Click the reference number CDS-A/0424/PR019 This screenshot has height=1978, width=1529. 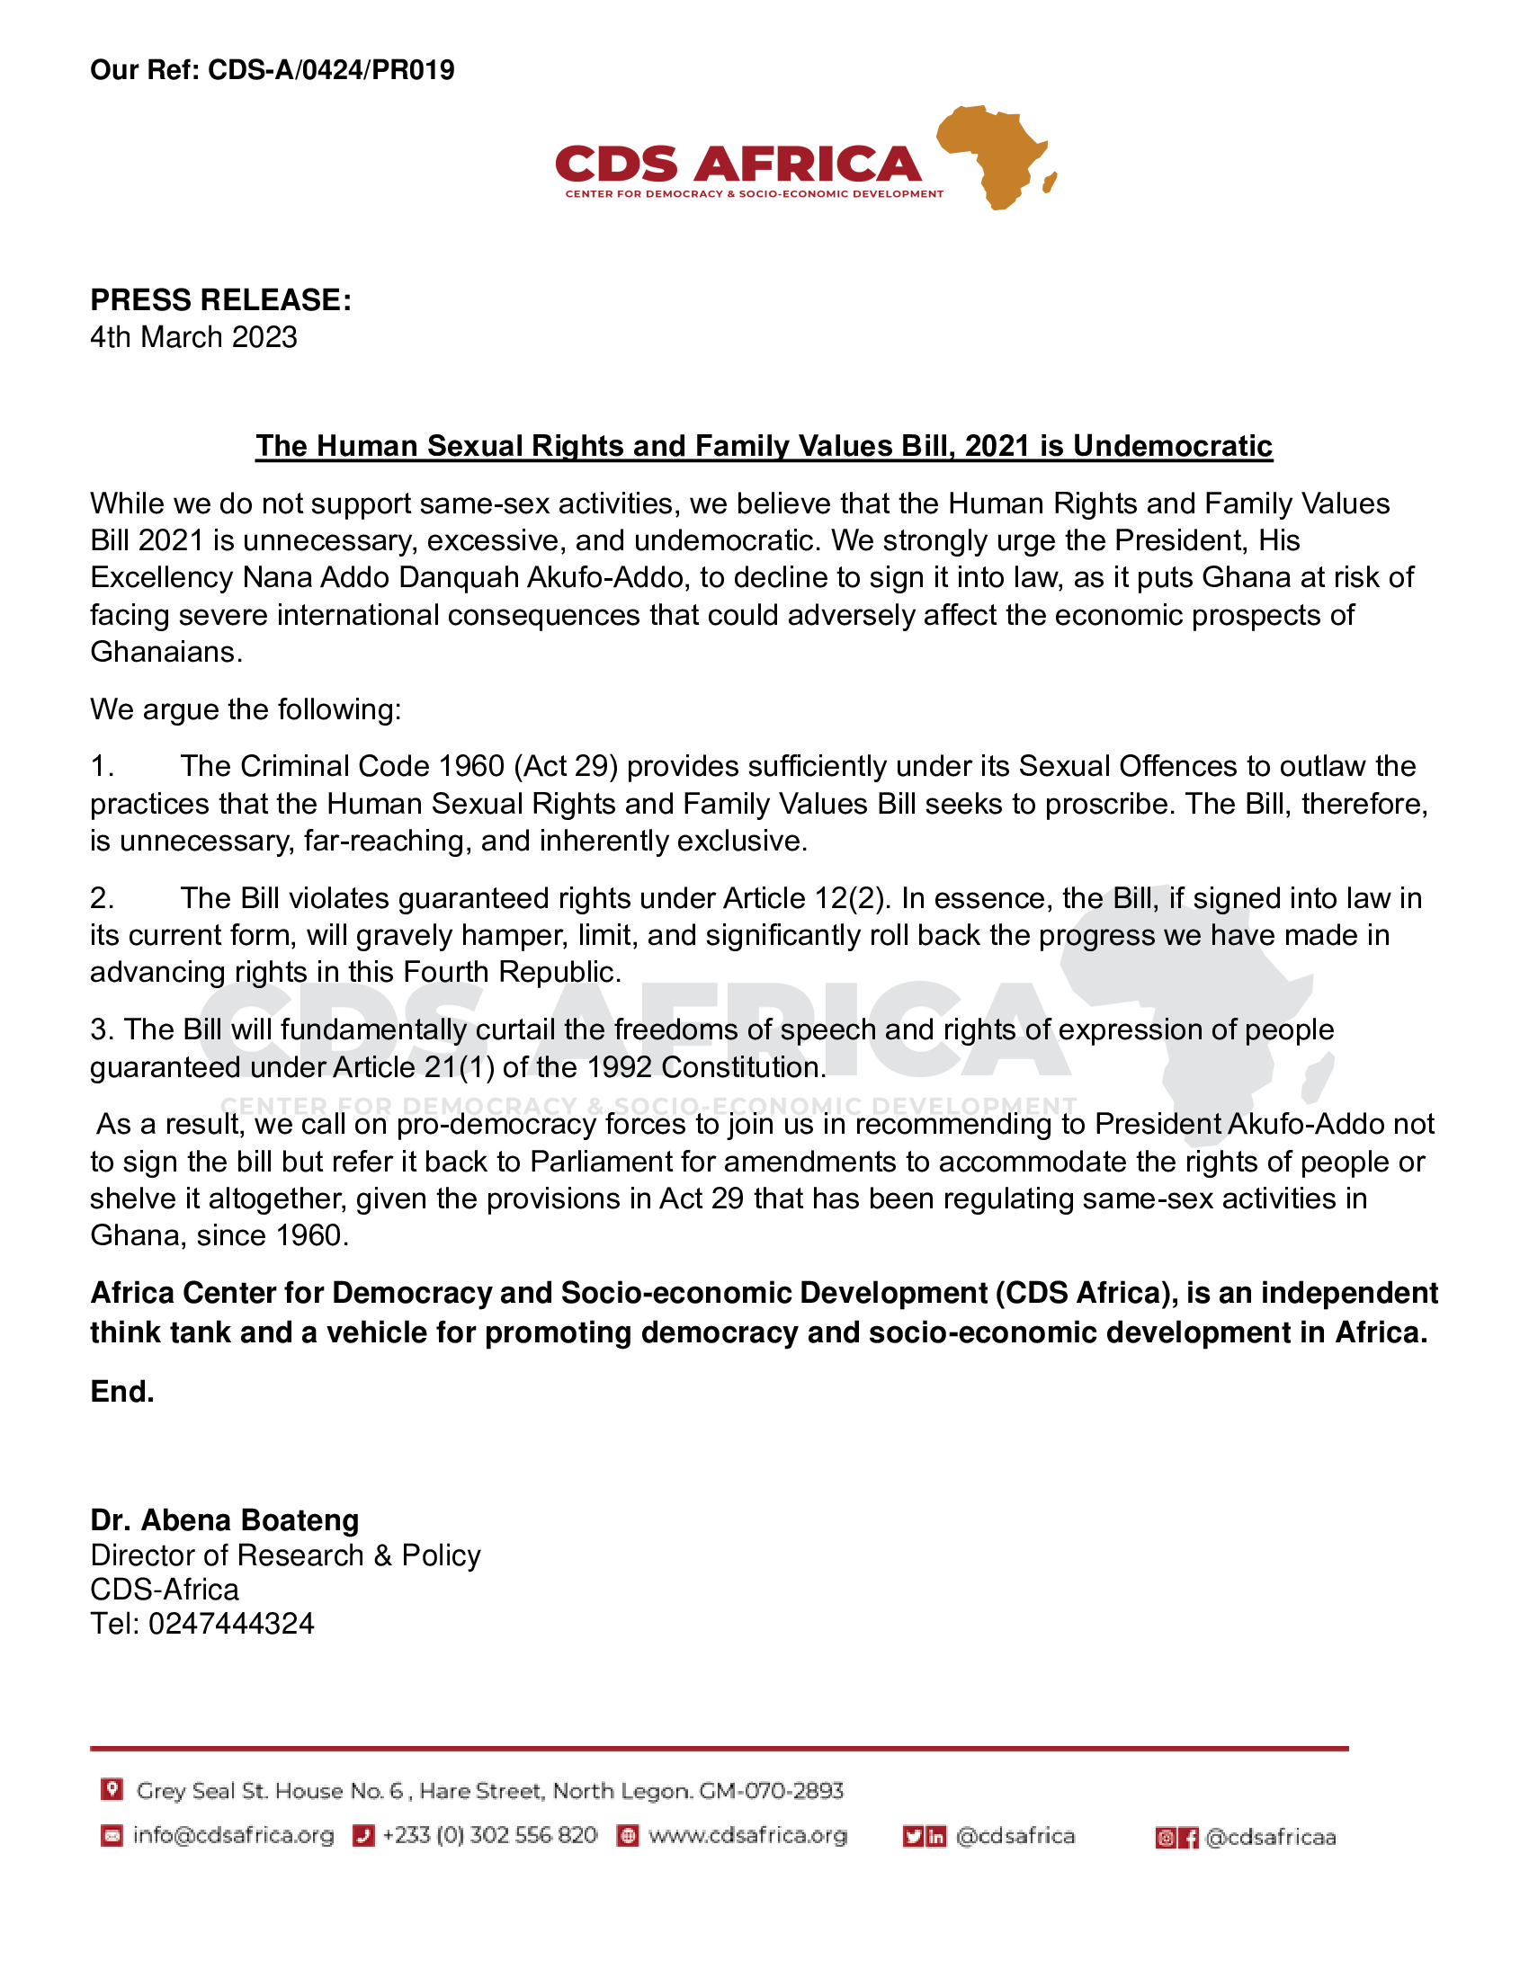(331, 70)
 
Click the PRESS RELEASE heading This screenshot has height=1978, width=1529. (220, 299)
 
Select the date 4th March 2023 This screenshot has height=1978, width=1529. (193, 337)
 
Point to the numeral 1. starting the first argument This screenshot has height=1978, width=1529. (102, 766)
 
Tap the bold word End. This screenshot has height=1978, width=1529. (122, 1391)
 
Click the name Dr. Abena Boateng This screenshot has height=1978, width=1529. (225, 1519)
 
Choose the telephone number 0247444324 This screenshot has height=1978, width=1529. (231, 1623)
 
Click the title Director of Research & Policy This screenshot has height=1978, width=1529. (285, 1555)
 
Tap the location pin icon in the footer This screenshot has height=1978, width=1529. (112, 1788)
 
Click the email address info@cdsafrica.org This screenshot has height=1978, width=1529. (233, 1835)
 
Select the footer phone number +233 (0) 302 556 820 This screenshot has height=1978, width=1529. (489, 1835)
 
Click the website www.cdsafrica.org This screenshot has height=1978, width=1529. (747, 1835)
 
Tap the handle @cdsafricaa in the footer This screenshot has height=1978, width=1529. (1270, 1837)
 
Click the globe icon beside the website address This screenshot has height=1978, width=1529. (627, 1836)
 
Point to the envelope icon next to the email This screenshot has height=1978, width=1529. (112, 1836)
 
